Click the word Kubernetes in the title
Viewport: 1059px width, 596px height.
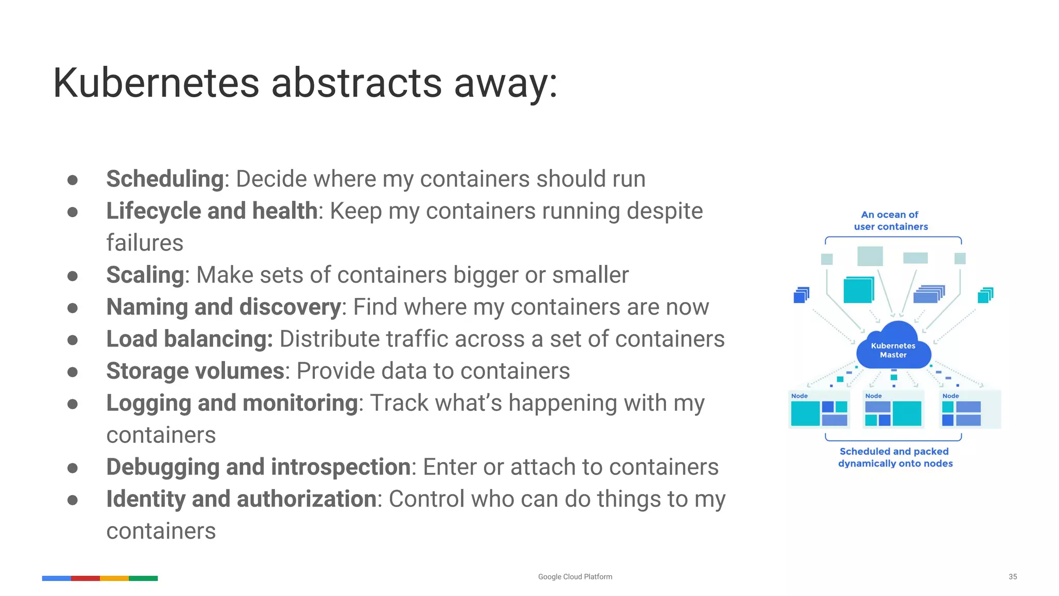pos(156,83)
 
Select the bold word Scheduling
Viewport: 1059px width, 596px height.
pos(165,179)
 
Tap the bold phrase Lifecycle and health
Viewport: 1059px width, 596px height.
pos(211,211)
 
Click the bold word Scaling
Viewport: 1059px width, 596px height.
pos(145,275)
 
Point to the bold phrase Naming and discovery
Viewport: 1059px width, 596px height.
pos(223,307)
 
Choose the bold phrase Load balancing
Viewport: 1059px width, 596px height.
pos(189,339)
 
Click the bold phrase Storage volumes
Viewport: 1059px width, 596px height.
pos(195,371)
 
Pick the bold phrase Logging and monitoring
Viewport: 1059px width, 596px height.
pos(232,404)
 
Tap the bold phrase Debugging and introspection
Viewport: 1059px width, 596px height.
pos(258,467)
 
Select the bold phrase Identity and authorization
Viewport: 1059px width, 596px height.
pos(241,499)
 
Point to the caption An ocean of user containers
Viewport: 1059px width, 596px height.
pos(890,220)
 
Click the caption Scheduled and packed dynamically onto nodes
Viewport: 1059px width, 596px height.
pos(895,457)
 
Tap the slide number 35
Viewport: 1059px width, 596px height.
pos(1012,576)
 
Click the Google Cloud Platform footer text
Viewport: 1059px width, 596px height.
pos(575,576)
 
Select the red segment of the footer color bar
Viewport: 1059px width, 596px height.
pos(85,578)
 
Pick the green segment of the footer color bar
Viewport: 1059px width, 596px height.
pos(143,578)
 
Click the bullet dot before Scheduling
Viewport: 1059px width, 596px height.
pos(72,180)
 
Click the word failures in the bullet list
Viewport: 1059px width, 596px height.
pos(145,243)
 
